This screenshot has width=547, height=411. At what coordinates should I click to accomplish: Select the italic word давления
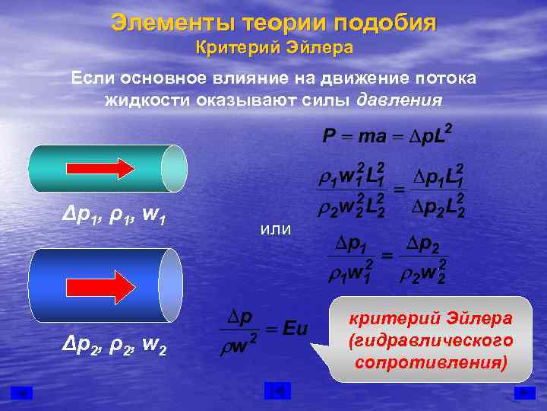(x=400, y=100)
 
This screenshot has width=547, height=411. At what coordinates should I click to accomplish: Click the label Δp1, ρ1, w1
(x=114, y=221)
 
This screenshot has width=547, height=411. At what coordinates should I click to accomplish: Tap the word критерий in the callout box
(x=403, y=318)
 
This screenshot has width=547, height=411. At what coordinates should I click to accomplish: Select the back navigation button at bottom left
(x=24, y=393)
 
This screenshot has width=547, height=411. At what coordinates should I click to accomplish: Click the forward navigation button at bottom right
(x=524, y=393)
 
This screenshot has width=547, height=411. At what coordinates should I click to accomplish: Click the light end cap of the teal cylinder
(x=175, y=168)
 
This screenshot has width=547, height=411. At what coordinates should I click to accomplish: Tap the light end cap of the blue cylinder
(x=171, y=284)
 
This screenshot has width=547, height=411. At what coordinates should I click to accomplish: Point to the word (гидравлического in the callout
(x=431, y=339)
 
